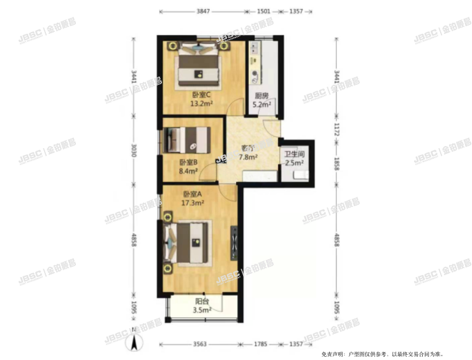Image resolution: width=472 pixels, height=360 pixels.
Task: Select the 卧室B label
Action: pyautogui.click(x=188, y=162)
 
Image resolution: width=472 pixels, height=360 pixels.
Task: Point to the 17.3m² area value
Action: pyautogui.click(x=193, y=203)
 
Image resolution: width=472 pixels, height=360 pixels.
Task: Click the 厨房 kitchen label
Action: pyautogui.click(x=260, y=97)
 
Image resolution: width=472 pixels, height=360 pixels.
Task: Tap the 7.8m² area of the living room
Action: pyautogui.click(x=247, y=155)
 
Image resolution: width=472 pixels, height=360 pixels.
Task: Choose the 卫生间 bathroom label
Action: pyautogui.click(x=294, y=154)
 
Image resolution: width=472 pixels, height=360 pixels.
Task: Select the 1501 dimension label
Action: pyautogui.click(x=263, y=11)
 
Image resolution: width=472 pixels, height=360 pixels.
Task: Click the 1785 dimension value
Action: pyautogui.click(x=259, y=345)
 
